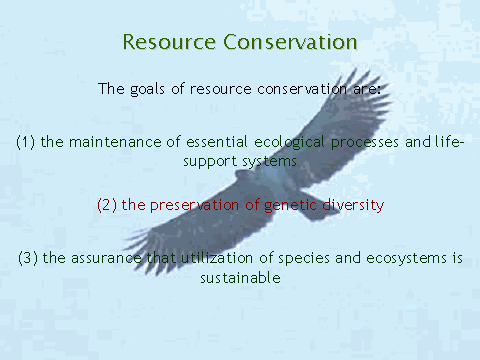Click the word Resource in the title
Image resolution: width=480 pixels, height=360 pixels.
pyautogui.click(x=169, y=42)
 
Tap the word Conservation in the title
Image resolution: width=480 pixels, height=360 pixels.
pyautogui.click(x=290, y=42)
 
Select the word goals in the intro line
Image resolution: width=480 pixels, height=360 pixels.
pyautogui.click(x=147, y=89)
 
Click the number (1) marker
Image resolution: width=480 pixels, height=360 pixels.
pyautogui.click(x=26, y=142)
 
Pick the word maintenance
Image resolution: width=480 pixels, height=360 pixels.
pyautogui.click(x=115, y=142)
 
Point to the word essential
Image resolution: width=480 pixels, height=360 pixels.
pyautogui.click(x=217, y=142)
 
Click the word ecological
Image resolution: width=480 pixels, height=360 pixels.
pyautogui.click(x=289, y=143)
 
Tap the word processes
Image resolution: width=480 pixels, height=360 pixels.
pyautogui.click(x=365, y=143)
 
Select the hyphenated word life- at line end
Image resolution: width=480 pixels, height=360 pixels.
pyautogui.click(x=449, y=142)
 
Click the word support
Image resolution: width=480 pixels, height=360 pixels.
pyautogui.click(x=210, y=162)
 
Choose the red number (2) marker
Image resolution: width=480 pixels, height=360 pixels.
pyautogui.click(x=107, y=205)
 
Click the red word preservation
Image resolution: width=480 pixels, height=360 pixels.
pyautogui.click(x=194, y=206)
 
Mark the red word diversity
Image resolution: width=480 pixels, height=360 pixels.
pyautogui.click(x=353, y=206)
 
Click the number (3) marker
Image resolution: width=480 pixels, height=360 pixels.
pyautogui.click(x=28, y=258)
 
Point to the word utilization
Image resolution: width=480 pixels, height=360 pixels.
pyautogui.click(x=217, y=258)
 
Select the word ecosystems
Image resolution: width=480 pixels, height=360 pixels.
pyautogui.click(x=406, y=259)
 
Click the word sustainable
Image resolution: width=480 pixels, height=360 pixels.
pyautogui.click(x=240, y=278)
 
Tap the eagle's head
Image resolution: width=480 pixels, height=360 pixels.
pyautogui.click(x=242, y=174)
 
